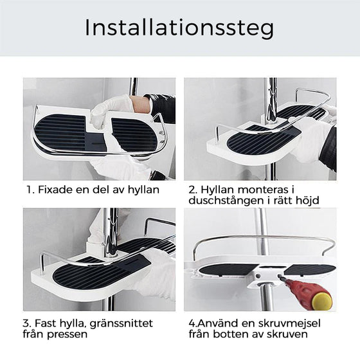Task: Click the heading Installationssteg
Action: pos(179,28)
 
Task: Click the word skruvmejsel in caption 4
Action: pos(294,322)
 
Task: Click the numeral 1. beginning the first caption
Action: pos(30,190)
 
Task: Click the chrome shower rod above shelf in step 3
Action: pos(111,225)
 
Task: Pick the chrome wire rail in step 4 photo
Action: pos(264,239)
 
